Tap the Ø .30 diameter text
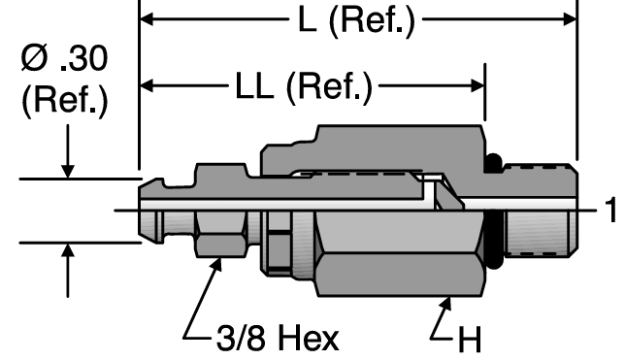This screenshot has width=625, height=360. click(65, 58)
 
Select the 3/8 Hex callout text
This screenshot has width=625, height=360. click(278, 338)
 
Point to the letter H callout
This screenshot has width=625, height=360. click(470, 340)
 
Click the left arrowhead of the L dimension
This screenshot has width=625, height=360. click(147, 18)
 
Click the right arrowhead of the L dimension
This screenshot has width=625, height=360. click(570, 18)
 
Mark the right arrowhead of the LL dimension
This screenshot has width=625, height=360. click(477, 85)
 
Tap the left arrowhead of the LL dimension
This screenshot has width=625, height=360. click(147, 85)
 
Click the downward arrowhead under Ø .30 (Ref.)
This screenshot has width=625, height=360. click(68, 171)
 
